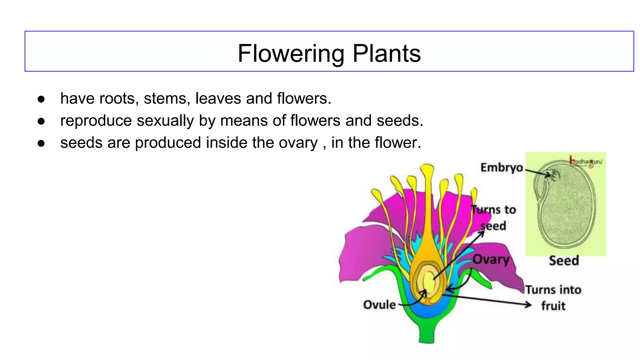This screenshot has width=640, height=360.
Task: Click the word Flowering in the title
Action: pos(291,54)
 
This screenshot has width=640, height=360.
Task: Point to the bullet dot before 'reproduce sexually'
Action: pos(41,121)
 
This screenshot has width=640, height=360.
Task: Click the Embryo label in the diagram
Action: pos(501,167)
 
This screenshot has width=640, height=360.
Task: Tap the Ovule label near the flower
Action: pos(379,305)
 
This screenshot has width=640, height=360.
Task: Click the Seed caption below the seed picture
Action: pos(564,261)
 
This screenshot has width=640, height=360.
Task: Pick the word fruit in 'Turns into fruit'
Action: pos(553,306)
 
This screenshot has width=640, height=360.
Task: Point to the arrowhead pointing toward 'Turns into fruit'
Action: pos(528,304)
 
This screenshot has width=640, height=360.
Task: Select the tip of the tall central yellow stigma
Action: pos(427,169)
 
